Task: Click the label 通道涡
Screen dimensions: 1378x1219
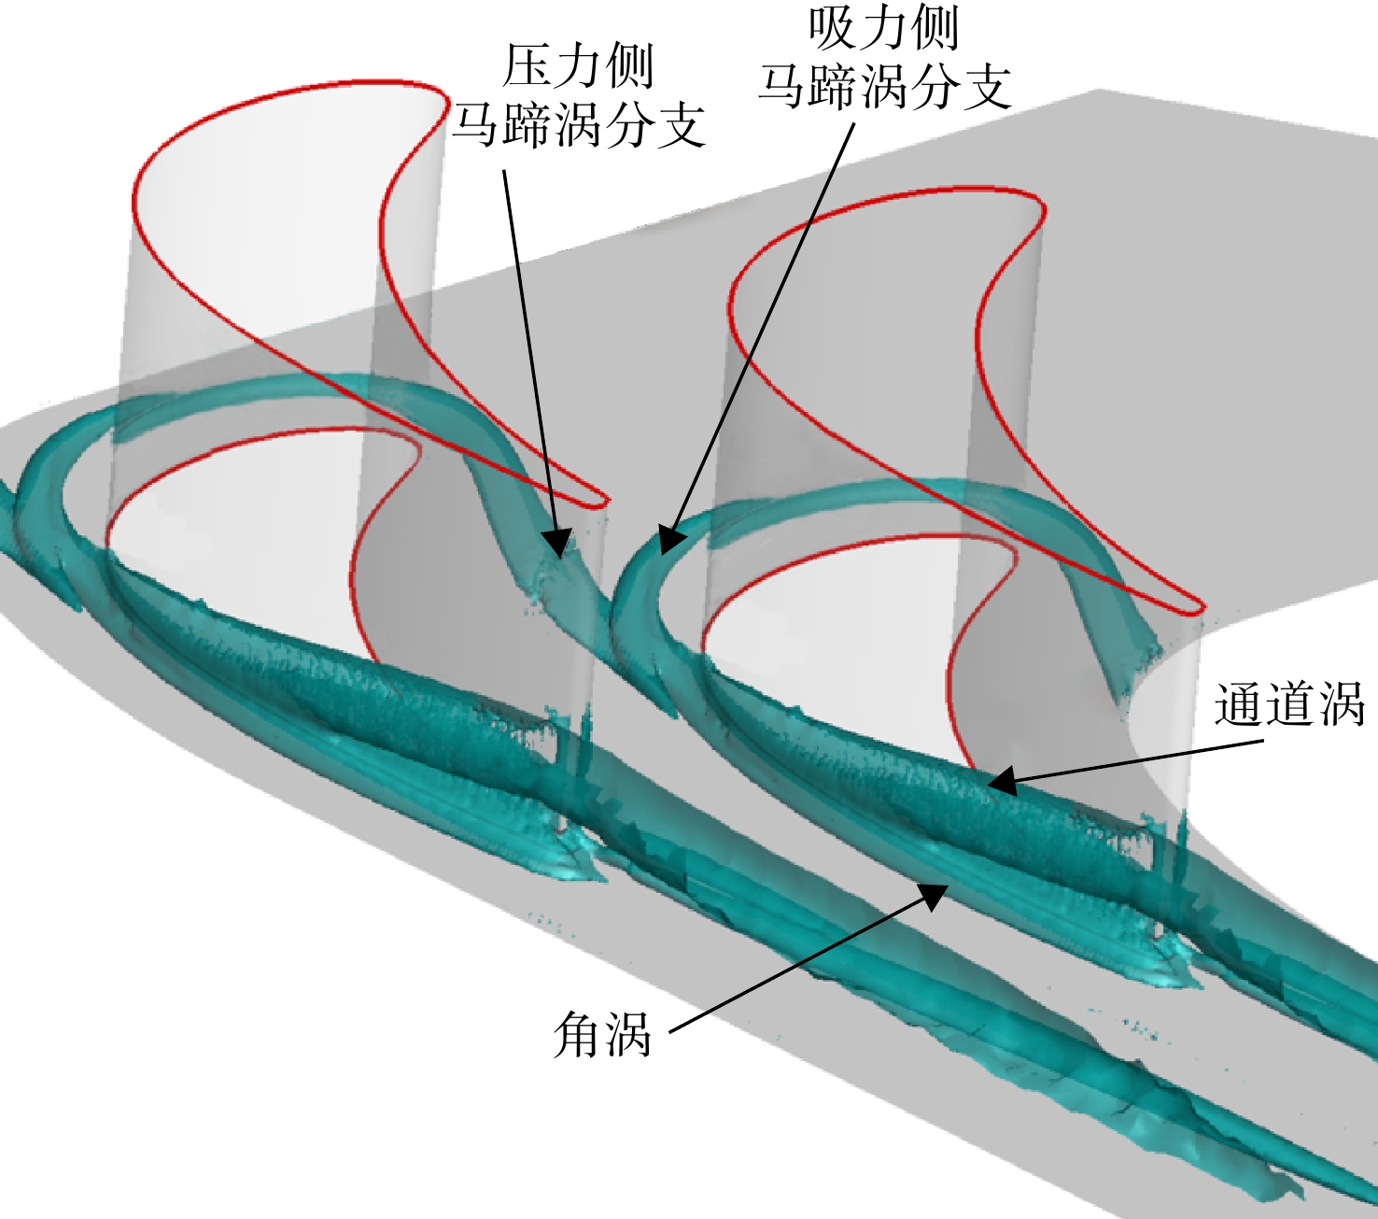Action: (1289, 703)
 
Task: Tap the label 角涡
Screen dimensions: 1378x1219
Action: (602, 1032)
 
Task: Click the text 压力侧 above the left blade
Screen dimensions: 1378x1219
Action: (578, 67)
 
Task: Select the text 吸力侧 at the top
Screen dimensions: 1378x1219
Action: (884, 29)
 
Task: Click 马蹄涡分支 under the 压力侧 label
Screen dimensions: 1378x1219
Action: (578, 127)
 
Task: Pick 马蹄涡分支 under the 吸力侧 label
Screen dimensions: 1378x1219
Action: (884, 89)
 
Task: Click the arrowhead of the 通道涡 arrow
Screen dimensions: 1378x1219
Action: (1001, 780)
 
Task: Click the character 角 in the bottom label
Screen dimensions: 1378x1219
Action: (578, 1032)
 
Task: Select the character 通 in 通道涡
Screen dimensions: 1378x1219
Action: (1239, 703)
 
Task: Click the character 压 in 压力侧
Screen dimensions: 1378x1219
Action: (527, 67)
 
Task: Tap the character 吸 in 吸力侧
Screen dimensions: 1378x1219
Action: (833, 29)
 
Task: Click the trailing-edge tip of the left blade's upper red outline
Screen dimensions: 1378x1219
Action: (605, 502)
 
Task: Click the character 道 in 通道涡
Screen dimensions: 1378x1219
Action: (1289, 703)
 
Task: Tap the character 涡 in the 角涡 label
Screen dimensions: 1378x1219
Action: (627, 1032)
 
